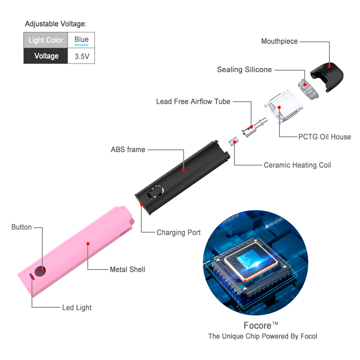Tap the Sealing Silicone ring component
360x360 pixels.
pyautogui.click(x=308, y=89)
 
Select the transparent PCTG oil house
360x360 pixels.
pyautogui.click(x=284, y=106)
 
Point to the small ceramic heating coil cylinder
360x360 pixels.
pyautogui.click(x=234, y=141)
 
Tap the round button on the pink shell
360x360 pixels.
pyautogui.click(x=40, y=271)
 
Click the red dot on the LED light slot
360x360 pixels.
pyautogui.click(x=31, y=277)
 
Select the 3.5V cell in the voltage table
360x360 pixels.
pyautogui.click(x=81, y=56)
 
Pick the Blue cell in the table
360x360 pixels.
pyautogui.click(x=81, y=40)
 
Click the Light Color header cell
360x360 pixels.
pyautogui.click(x=46, y=40)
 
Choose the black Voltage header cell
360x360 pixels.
pyautogui.click(x=46, y=56)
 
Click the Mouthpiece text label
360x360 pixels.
pyautogui.click(x=279, y=41)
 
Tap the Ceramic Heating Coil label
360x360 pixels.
pyautogui.click(x=297, y=165)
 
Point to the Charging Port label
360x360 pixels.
pyautogui.click(x=179, y=232)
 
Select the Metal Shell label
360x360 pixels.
pyautogui.click(x=127, y=269)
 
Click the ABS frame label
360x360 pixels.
pyautogui.click(x=128, y=149)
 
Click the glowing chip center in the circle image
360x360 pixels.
pyautogui.click(x=252, y=261)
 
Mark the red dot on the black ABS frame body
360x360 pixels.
pyautogui.click(x=183, y=171)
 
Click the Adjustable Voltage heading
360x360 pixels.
pyautogui.click(x=56, y=24)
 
